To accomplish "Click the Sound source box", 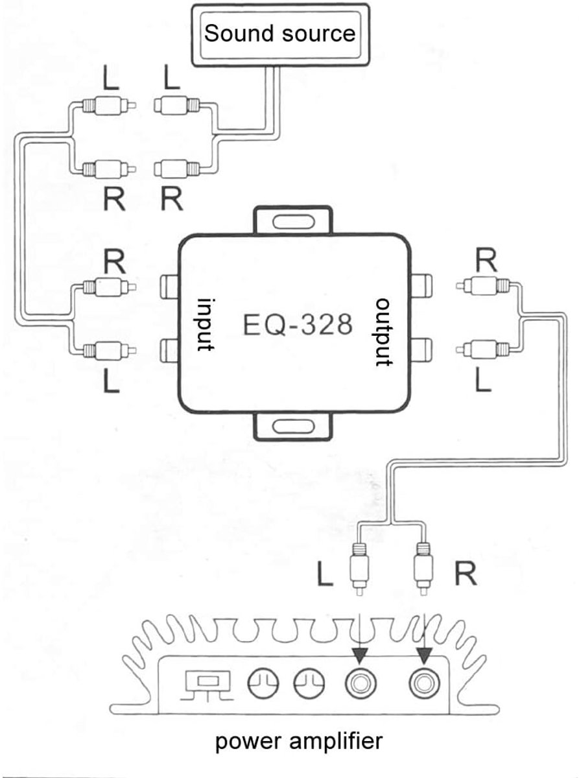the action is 280,34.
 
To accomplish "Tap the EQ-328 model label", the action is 298,325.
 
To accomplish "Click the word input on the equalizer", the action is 206,324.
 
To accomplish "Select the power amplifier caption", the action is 299,742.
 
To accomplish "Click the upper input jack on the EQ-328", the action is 169,286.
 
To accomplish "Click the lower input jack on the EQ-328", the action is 169,349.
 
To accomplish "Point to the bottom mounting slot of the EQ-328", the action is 292,427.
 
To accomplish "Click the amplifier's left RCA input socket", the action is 360,683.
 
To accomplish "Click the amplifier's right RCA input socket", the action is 425,683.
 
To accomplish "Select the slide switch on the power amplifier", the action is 207,681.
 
